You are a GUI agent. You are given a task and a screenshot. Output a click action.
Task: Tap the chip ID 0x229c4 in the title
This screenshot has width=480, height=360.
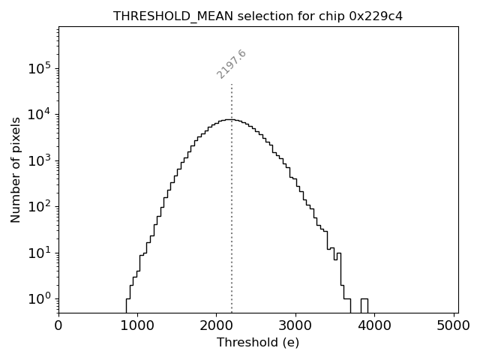pyautogui.click(x=376, y=16)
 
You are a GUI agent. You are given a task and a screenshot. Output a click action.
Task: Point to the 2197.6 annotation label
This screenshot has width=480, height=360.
pyautogui.click(x=232, y=64)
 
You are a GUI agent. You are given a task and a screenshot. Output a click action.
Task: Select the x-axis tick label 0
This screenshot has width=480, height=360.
pyautogui.click(x=58, y=325)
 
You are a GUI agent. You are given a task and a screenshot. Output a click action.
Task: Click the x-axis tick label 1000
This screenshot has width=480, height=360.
pyautogui.click(x=137, y=325)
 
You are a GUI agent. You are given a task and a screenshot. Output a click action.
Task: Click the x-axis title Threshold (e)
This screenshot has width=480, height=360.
pyautogui.click(x=257, y=343)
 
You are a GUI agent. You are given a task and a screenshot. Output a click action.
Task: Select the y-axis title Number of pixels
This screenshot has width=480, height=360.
pyautogui.click(x=16, y=169)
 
